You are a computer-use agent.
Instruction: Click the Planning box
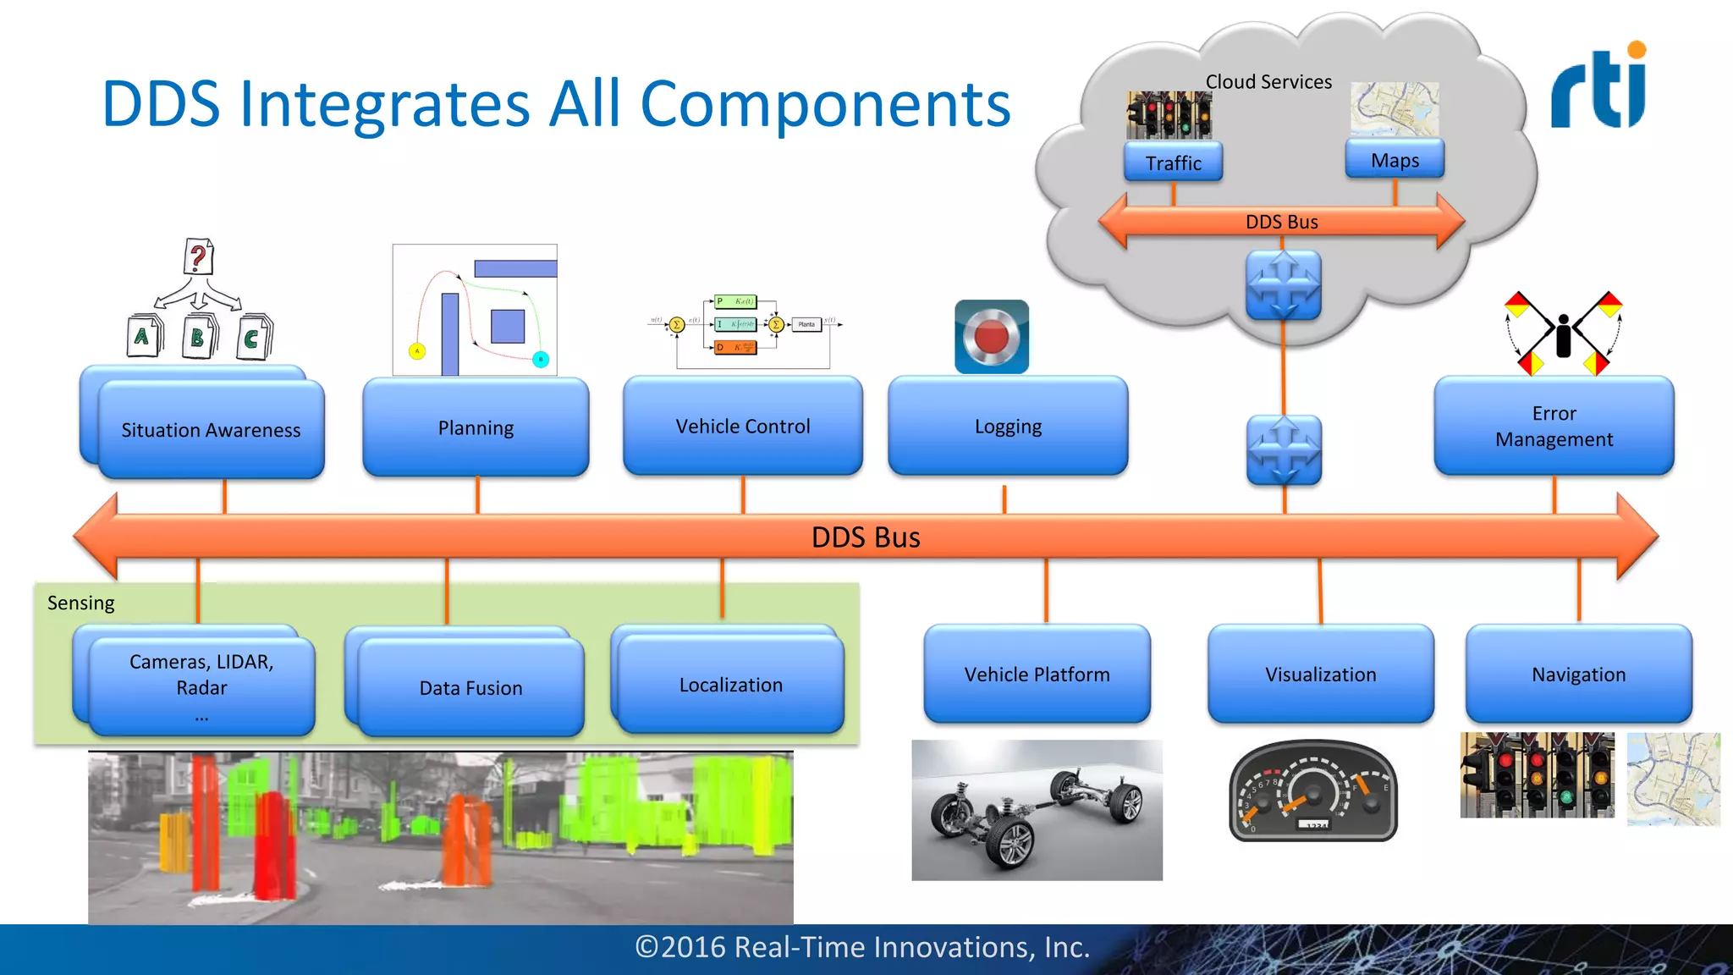tap(476, 427)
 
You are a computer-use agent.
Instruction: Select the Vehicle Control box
tap(743, 426)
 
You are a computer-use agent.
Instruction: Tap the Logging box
tap(1008, 426)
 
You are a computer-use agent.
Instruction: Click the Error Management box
tap(1554, 426)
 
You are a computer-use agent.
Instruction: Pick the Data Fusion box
tap(470, 687)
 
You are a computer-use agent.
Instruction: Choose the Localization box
tap(731, 684)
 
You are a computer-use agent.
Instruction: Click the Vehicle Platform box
tap(1037, 674)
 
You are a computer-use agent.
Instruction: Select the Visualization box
tap(1320, 674)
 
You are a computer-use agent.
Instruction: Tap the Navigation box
tap(1578, 674)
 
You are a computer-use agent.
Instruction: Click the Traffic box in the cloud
tap(1173, 162)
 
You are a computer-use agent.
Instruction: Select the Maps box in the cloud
tap(1395, 160)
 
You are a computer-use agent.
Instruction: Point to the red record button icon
tap(992, 337)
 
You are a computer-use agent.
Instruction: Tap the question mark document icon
tap(198, 256)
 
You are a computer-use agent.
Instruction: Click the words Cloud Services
tap(1268, 82)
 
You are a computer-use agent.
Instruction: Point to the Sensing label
tap(80, 603)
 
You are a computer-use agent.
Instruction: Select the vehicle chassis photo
tap(1037, 810)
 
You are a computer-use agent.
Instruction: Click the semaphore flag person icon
tap(1563, 333)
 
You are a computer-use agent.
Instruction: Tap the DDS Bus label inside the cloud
tap(1281, 222)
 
